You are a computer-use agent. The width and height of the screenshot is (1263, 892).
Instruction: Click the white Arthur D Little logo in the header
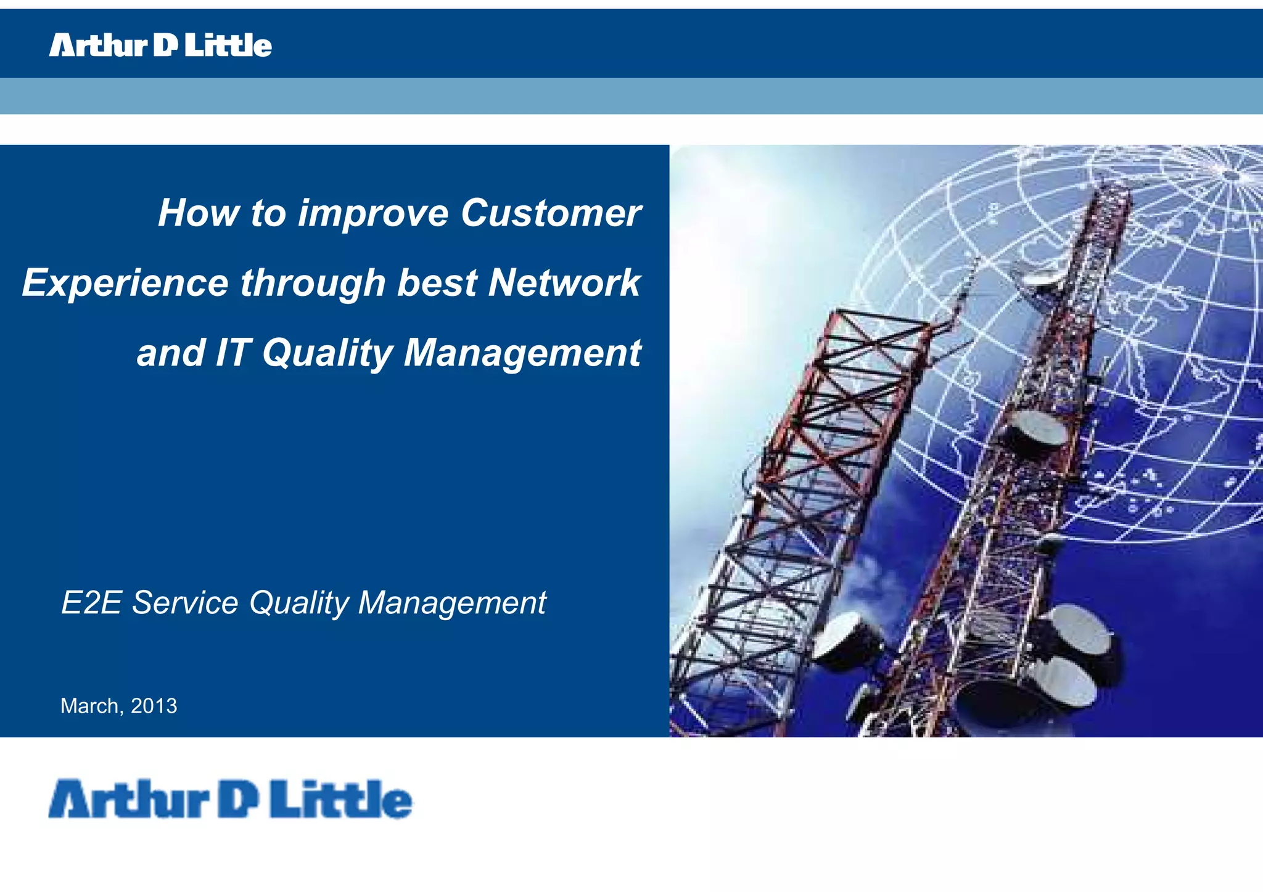(160, 45)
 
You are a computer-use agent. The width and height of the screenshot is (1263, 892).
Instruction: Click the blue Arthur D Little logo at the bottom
(230, 800)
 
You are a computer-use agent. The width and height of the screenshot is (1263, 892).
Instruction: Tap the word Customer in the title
(551, 213)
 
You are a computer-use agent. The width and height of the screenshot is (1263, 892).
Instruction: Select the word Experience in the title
(126, 283)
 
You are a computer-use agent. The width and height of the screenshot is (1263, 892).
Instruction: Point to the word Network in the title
(564, 283)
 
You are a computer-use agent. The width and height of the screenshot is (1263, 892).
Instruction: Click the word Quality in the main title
(327, 353)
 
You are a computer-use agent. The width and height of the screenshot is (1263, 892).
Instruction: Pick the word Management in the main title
(522, 353)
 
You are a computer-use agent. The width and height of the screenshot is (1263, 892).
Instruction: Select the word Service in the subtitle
(185, 602)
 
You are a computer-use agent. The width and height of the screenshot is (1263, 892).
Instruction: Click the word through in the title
(313, 283)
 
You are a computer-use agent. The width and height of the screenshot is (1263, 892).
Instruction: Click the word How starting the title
(198, 213)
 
